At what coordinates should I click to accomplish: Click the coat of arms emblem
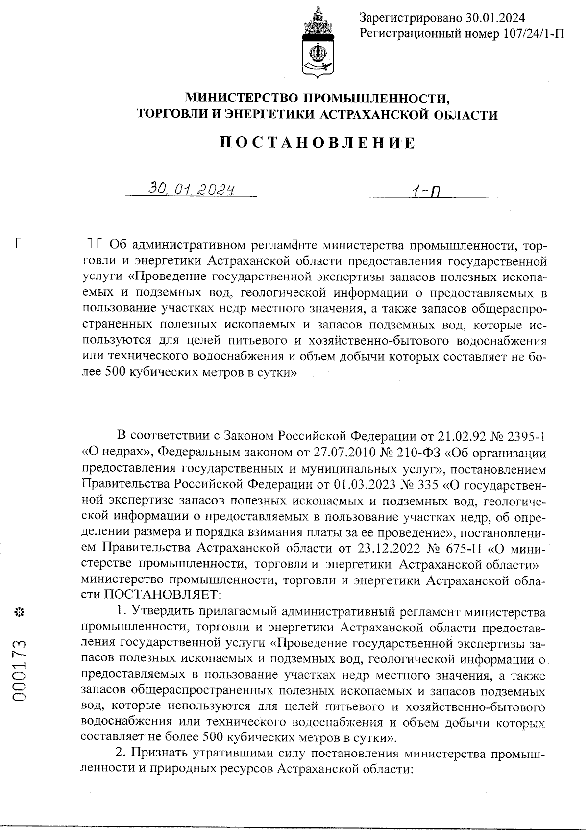(318, 43)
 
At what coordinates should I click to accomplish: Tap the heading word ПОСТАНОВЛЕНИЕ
(317, 143)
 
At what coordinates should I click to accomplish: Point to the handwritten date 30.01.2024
(191, 188)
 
